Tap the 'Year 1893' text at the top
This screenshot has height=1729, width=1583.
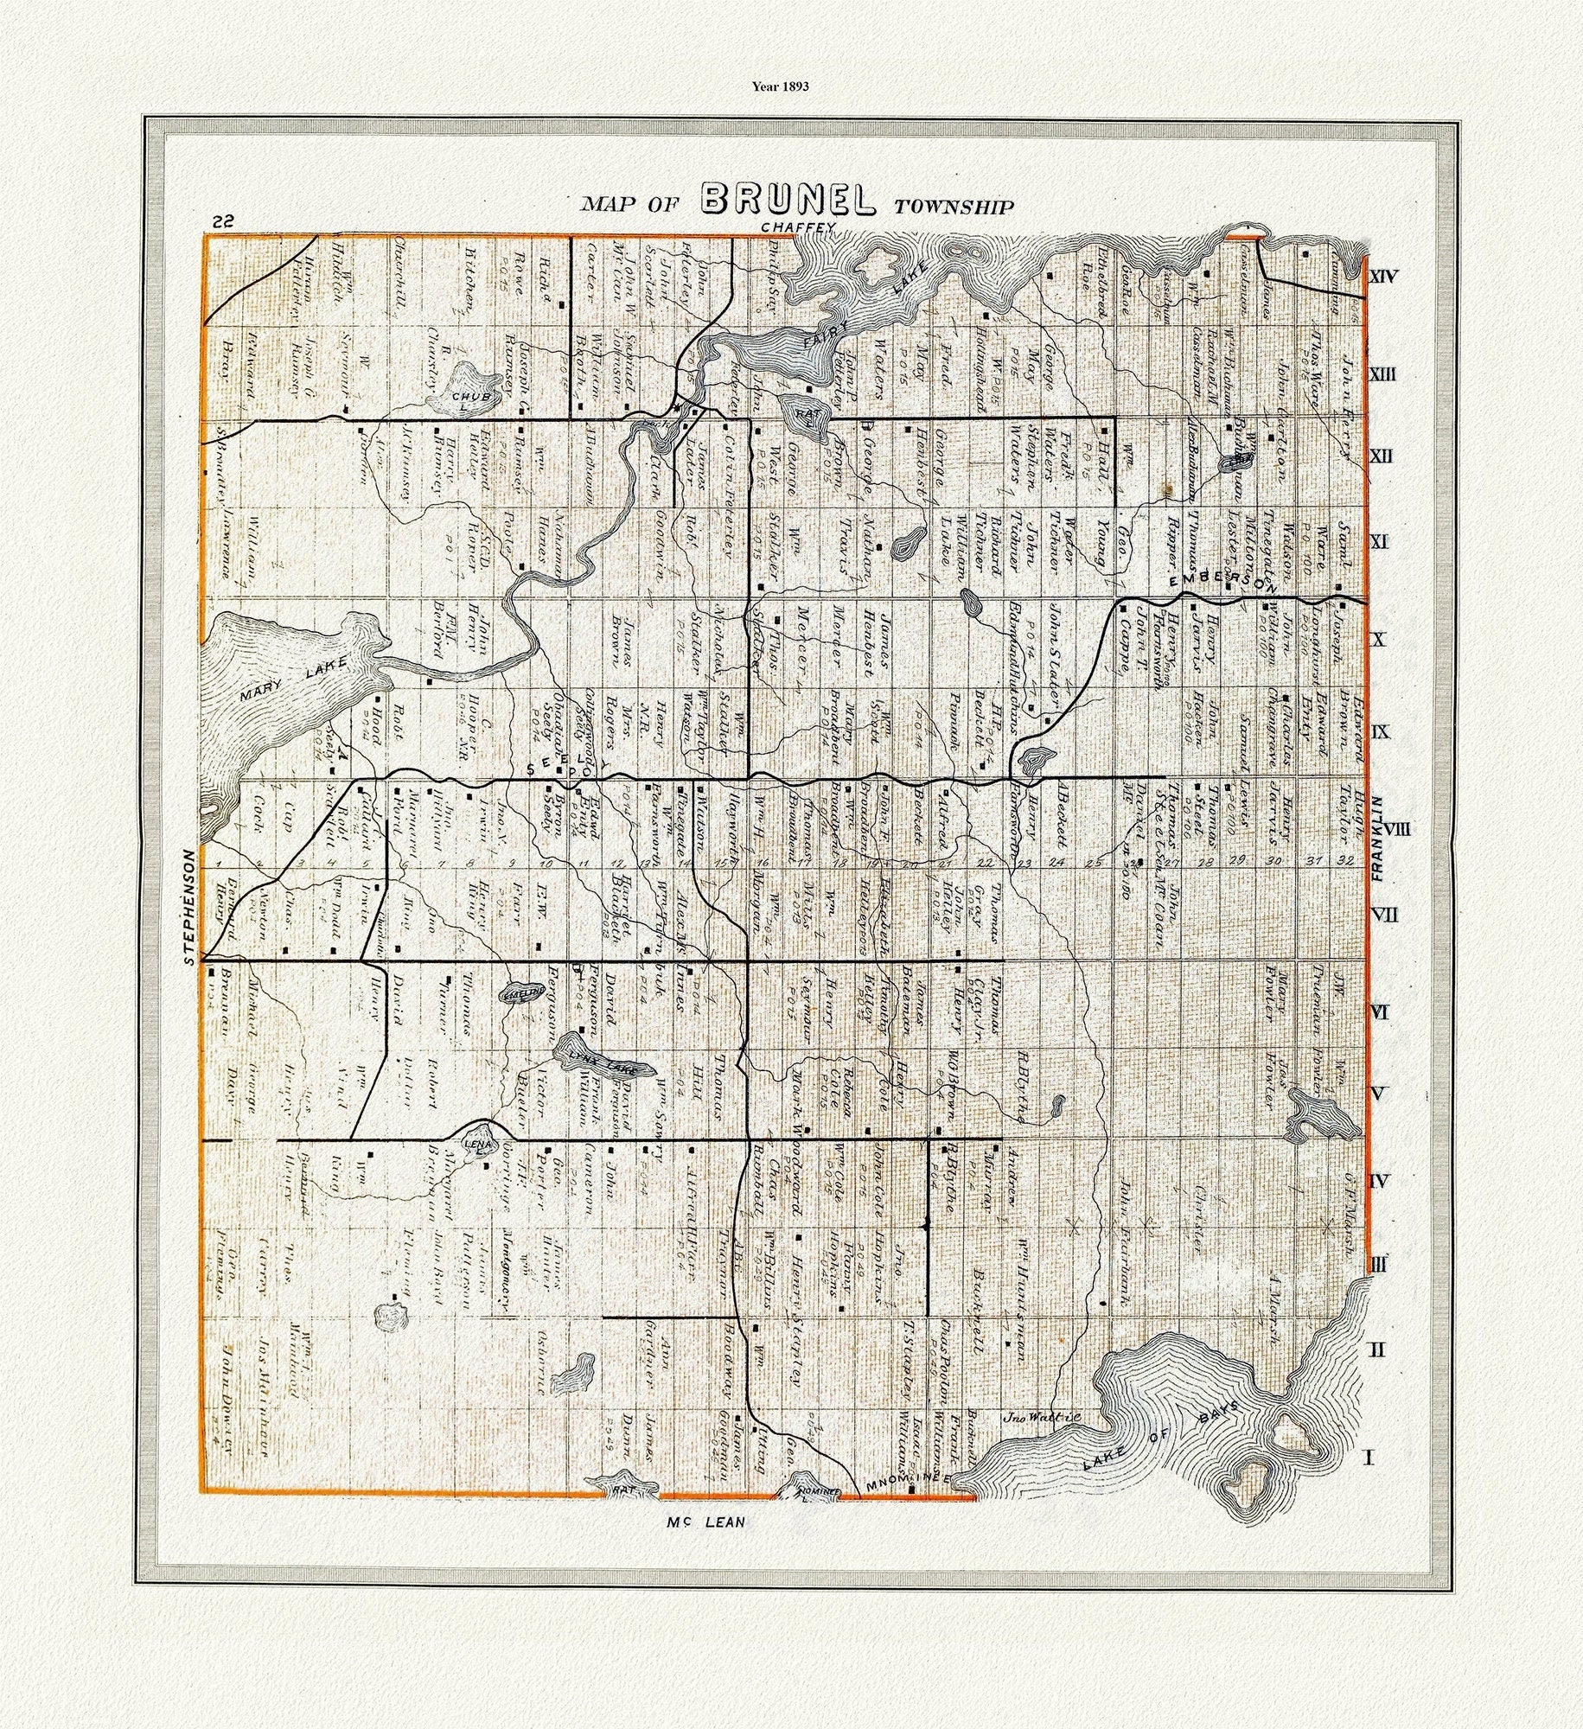780,86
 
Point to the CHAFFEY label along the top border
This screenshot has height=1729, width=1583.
800,227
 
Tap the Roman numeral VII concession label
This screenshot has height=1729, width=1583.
1384,913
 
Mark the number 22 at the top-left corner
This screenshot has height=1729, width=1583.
222,221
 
